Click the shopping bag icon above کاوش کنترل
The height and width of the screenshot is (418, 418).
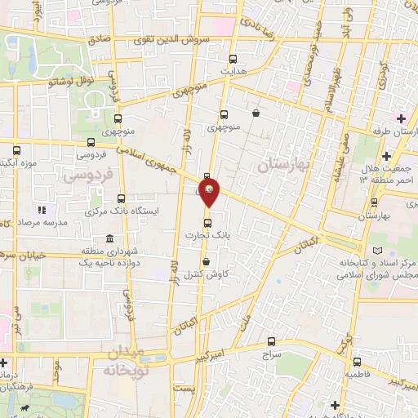204,261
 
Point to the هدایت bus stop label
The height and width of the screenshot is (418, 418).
233,71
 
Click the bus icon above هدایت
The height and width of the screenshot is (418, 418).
233,59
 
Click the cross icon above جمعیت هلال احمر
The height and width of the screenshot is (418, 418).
386,157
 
